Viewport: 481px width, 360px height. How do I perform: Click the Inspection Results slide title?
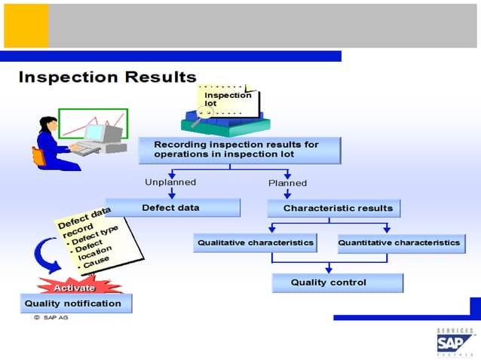tap(107, 77)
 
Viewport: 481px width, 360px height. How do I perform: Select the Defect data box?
tap(172, 207)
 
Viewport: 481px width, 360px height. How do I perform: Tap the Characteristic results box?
tap(333, 208)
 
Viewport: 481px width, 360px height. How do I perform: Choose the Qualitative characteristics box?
tap(255, 243)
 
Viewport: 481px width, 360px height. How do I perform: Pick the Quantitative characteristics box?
tap(400, 243)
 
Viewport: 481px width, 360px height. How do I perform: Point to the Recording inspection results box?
tap(239, 149)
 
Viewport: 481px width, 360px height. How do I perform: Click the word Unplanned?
tap(170, 182)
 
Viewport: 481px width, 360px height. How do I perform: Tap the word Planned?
tap(288, 183)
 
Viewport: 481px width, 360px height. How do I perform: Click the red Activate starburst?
tap(74, 287)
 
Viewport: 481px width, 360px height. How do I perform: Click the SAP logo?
tap(455, 342)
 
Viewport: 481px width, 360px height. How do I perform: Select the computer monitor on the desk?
tap(98, 134)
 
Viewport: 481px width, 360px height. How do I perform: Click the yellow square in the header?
tap(26, 26)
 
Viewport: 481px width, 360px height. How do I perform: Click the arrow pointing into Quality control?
tap(329, 268)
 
